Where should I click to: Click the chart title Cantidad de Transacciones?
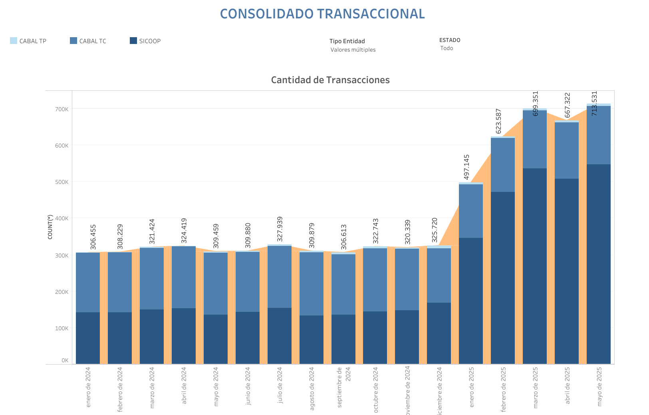point(330,80)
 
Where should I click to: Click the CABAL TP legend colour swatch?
point(14,41)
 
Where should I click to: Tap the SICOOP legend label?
point(150,41)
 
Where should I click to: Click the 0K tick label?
point(65,360)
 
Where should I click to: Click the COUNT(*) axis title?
point(50,227)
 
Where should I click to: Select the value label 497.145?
point(466,167)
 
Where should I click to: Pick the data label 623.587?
point(498,121)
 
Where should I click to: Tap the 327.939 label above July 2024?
point(280,229)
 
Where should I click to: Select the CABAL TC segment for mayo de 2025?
point(599,135)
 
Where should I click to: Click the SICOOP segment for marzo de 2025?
point(535,266)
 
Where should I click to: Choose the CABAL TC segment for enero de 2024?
point(88,282)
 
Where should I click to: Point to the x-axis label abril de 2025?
point(568,385)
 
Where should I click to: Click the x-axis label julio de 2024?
point(280,385)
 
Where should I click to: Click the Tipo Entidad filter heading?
point(347,41)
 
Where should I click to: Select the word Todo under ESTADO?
point(447,48)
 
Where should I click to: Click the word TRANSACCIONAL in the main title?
point(371,14)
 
